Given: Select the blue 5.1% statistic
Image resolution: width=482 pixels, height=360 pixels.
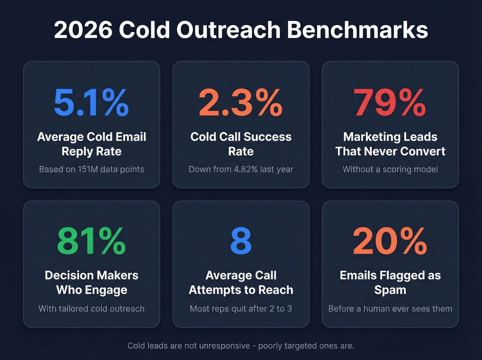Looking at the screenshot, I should [91, 103].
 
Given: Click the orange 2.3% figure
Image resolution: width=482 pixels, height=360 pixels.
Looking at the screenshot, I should [241, 103].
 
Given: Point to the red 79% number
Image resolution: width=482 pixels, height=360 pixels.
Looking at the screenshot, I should [390, 103].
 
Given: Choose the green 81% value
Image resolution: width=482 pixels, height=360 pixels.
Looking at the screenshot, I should [91, 241].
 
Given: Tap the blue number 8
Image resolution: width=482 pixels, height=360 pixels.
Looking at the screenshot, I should [241, 241].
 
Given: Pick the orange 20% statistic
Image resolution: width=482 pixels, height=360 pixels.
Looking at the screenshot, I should [390, 241].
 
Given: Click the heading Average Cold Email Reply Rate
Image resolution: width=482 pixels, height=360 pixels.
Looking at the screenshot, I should [92, 144].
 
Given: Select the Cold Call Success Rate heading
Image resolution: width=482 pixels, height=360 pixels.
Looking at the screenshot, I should [241, 144].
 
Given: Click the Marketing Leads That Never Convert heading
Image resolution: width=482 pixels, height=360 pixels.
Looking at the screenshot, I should [390, 144].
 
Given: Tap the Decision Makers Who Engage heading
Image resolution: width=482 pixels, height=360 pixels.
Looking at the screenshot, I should [92, 282].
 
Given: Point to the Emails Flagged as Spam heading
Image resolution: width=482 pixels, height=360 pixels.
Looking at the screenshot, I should [390, 282].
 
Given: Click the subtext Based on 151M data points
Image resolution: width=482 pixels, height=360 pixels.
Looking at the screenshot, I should [92, 169].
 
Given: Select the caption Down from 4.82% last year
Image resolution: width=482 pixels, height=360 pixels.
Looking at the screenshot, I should [241, 169].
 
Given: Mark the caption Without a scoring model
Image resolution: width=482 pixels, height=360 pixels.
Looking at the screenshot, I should [390, 169].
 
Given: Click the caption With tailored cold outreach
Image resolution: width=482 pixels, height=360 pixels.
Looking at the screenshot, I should [92, 309].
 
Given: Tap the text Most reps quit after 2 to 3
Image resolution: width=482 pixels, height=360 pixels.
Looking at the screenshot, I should [241, 309].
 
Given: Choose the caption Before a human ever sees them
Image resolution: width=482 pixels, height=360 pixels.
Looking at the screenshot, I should [390, 309].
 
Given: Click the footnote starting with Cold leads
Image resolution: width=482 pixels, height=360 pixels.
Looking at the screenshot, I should [241, 346].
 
